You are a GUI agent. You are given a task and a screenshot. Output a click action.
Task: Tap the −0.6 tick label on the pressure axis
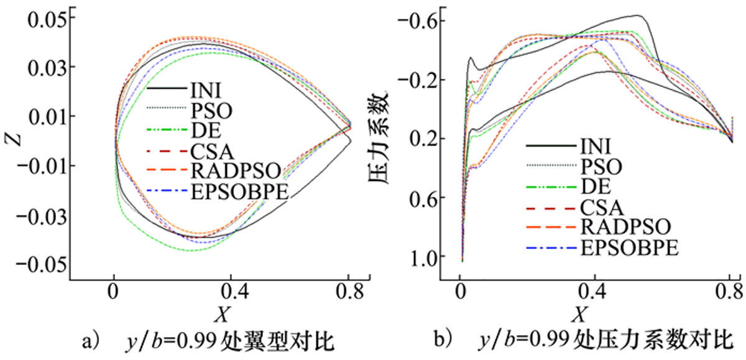[x=422, y=21]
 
